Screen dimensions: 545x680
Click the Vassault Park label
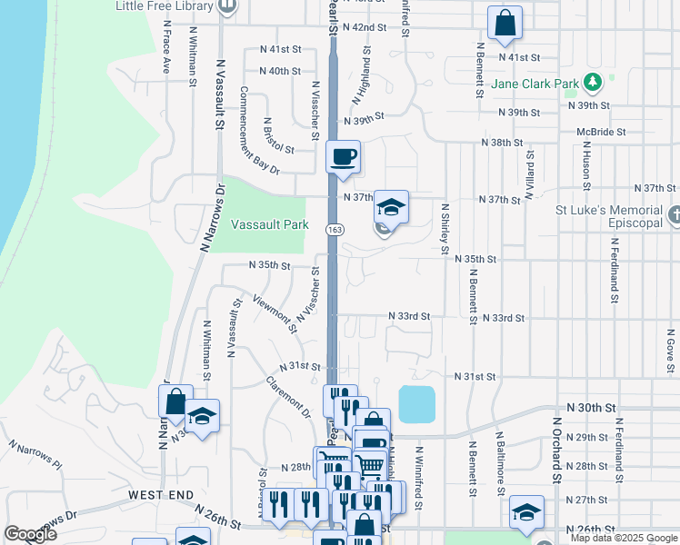269,224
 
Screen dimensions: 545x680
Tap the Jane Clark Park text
535,84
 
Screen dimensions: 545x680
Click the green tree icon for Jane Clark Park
593,84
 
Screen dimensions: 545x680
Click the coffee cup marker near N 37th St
343,157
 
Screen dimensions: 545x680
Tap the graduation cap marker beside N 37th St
390,208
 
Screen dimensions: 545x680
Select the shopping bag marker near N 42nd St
505,23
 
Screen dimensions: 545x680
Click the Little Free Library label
165,6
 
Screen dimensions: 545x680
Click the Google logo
30,534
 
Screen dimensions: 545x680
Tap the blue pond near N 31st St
416,404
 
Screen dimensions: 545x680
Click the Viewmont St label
275,313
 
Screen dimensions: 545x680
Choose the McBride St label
601,132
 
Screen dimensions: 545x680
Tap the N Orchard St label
555,450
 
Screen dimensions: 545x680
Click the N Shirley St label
445,227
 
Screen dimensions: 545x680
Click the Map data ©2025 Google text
623,538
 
